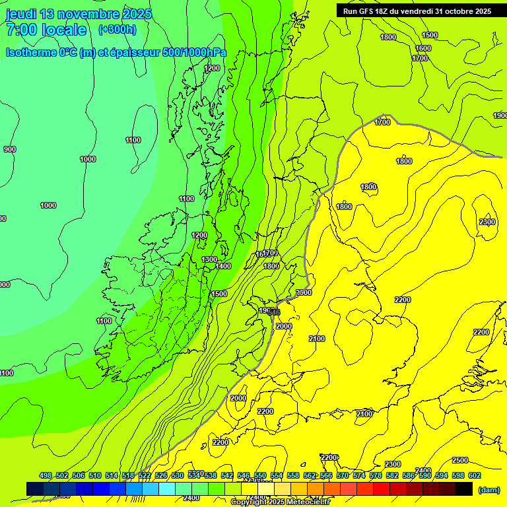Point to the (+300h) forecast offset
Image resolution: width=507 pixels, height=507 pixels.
point(117,29)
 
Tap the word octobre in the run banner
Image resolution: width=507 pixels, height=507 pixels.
point(462,11)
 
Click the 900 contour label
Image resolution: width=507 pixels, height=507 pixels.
point(9,149)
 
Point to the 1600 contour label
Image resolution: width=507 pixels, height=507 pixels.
point(423,48)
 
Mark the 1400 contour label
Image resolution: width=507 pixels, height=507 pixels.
point(223,266)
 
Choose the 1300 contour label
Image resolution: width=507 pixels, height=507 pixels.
point(209,259)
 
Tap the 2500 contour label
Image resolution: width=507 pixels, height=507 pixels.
point(460,460)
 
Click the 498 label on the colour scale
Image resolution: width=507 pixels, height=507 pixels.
point(46,475)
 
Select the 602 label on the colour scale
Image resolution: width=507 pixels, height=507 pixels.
point(474,475)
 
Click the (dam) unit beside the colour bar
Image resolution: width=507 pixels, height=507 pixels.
point(489,489)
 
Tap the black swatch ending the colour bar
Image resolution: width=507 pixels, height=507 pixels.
point(464,489)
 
